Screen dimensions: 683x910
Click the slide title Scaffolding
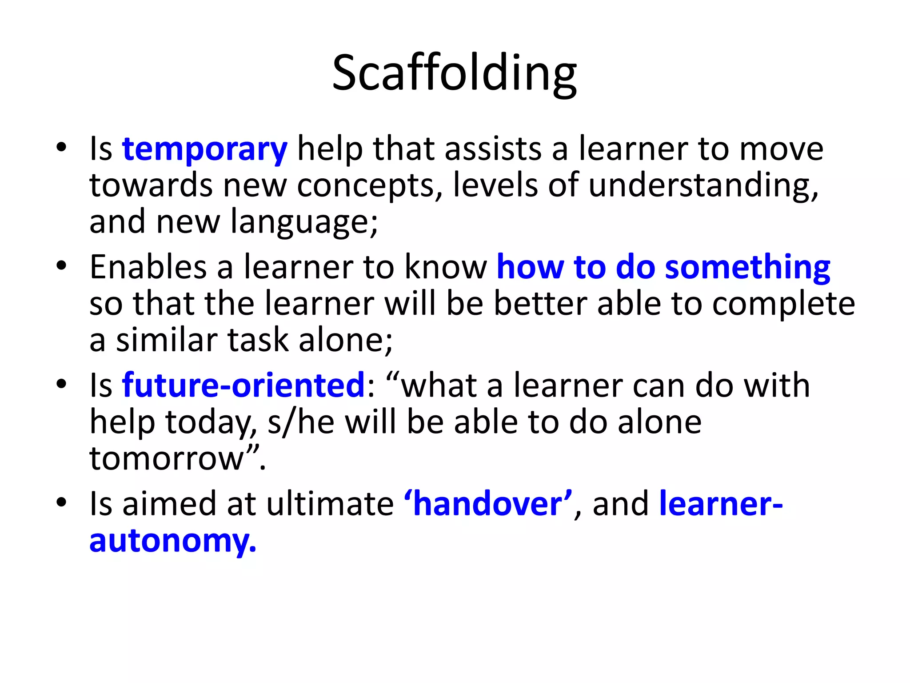pyautogui.click(x=454, y=73)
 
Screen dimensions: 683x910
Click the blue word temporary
pyautogui.click(x=204, y=149)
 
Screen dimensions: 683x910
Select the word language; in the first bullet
pyautogui.click(x=304, y=222)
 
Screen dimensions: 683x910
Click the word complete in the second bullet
pyautogui.click(x=784, y=304)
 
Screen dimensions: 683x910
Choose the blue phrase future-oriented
pyautogui.click(x=243, y=386)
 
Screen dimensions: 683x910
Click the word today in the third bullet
pyautogui.click(x=211, y=422)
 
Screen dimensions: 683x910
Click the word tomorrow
pyautogui.click(x=167, y=459)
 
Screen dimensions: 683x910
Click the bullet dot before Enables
pyautogui.click(x=61, y=266)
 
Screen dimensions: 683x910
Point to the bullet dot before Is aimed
pyautogui.click(x=61, y=502)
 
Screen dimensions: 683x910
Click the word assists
pyautogui.click(x=493, y=149)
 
